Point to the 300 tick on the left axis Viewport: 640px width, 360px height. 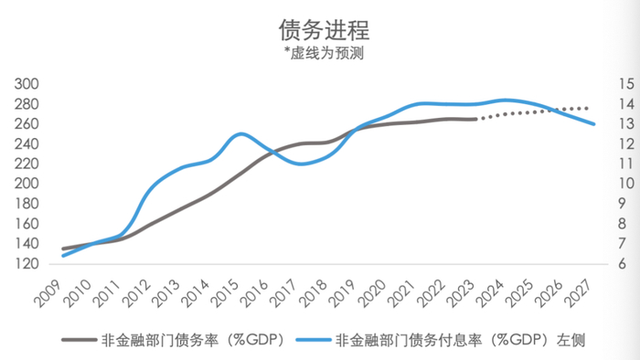pos(27,84)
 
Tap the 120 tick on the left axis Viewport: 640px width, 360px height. pos(27,264)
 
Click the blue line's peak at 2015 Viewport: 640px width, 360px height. pos(240,133)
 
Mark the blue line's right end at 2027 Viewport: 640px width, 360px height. pos(594,124)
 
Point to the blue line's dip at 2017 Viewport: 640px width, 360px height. pos(301,164)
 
